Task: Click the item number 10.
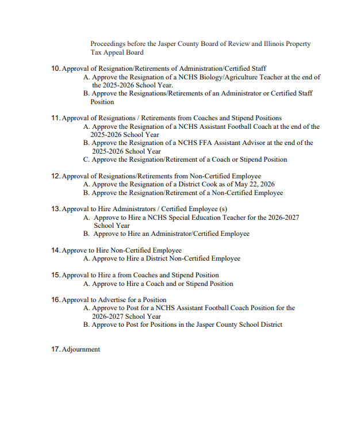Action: coord(55,68)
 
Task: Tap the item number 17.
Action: coord(55,349)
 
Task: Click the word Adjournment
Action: coord(81,349)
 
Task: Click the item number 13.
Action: coord(55,209)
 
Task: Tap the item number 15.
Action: coord(55,275)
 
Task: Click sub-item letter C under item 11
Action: coord(86,159)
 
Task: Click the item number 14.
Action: coord(55,250)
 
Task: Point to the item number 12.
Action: coord(55,176)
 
